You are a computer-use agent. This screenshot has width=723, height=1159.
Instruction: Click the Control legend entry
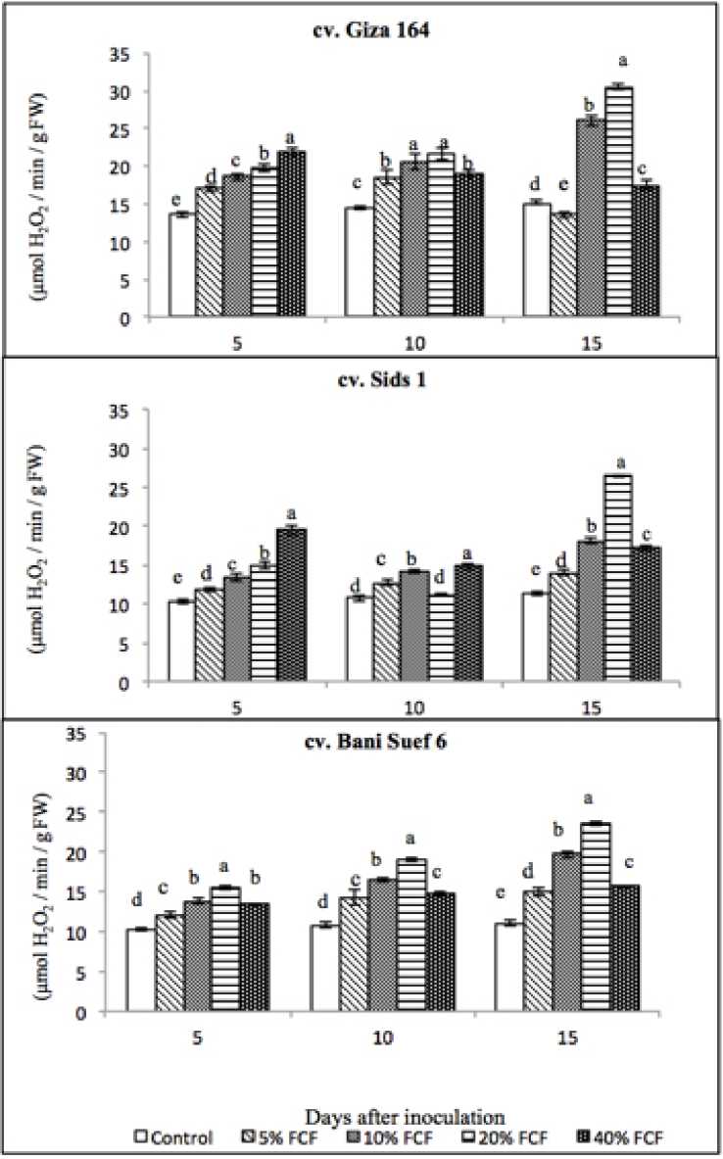point(175,1137)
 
